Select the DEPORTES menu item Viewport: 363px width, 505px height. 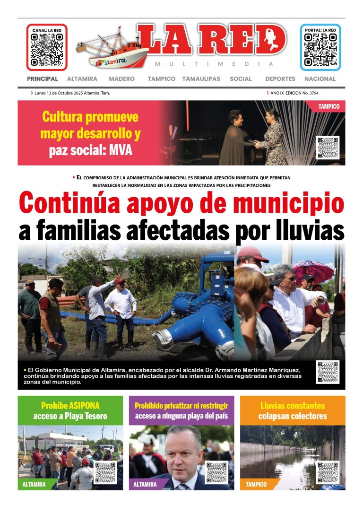tap(280, 79)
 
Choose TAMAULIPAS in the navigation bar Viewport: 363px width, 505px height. tap(201, 79)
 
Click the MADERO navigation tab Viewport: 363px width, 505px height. tap(121, 79)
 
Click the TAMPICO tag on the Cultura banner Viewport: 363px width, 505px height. tap(329, 106)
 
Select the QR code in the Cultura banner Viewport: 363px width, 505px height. tap(328, 148)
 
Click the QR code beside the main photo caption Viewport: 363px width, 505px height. tap(328, 372)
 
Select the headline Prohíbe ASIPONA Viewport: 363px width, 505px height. tap(70, 405)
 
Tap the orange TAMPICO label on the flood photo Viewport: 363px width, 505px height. tap(256, 485)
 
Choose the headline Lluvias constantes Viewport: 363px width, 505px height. tap(292, 405)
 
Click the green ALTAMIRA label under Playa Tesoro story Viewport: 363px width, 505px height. tap(34, 485)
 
